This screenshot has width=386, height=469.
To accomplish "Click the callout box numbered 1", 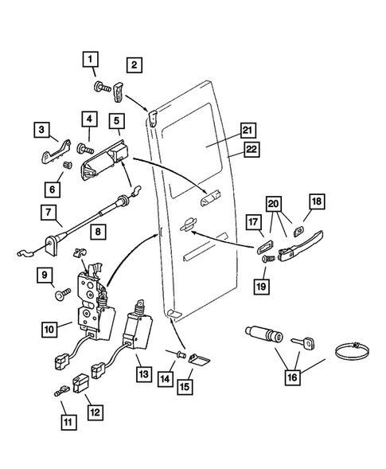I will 92,59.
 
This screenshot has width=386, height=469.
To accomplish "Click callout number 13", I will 142,373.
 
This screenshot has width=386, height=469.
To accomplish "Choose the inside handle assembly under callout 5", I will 105,161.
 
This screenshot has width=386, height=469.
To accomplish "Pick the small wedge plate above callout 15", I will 202,360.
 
